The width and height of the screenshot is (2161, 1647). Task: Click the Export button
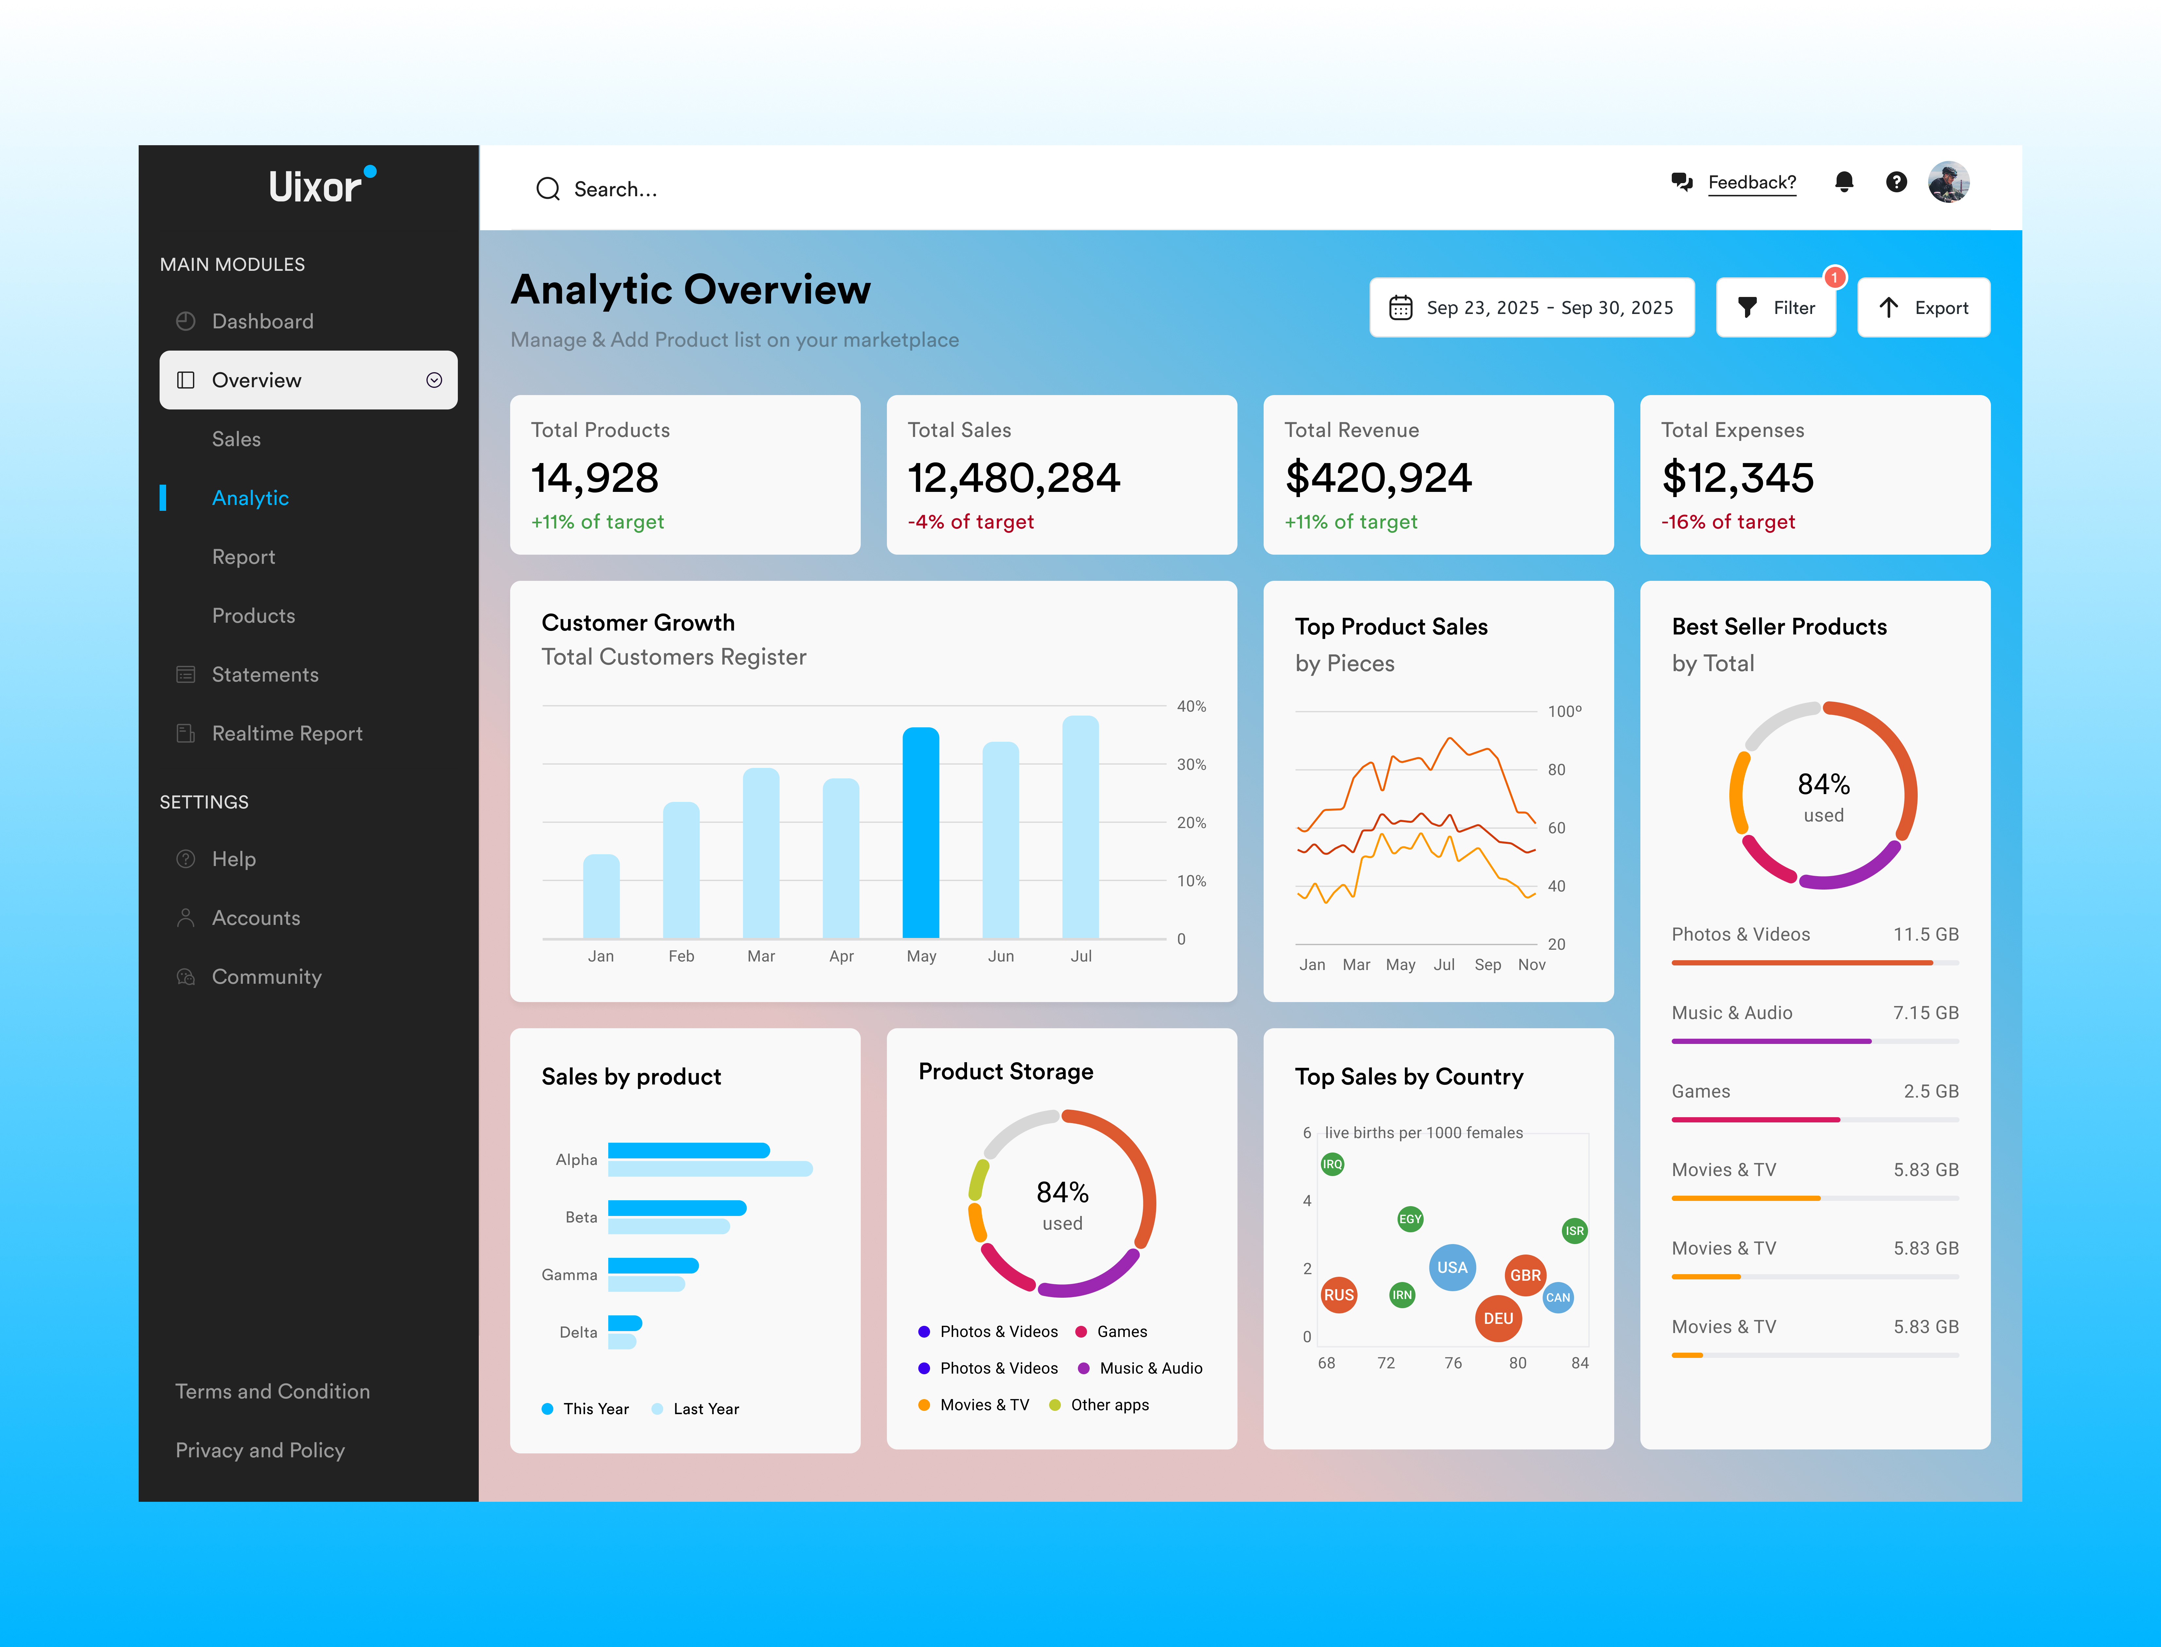1923,308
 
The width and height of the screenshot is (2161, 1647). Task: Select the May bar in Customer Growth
920,833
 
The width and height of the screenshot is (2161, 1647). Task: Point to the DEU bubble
1497,1319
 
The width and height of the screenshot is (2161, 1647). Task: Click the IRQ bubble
1332,1165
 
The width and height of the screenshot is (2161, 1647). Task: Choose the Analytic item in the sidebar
250,498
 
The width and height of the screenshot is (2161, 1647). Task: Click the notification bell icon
1843,182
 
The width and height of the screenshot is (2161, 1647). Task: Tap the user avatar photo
1948,182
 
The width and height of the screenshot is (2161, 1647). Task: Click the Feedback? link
1751,182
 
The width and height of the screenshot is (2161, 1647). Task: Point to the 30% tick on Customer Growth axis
1191,765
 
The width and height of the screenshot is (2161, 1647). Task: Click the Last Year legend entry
705,1409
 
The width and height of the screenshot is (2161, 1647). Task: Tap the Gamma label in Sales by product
569,1274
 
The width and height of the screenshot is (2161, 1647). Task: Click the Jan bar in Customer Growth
601,897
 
